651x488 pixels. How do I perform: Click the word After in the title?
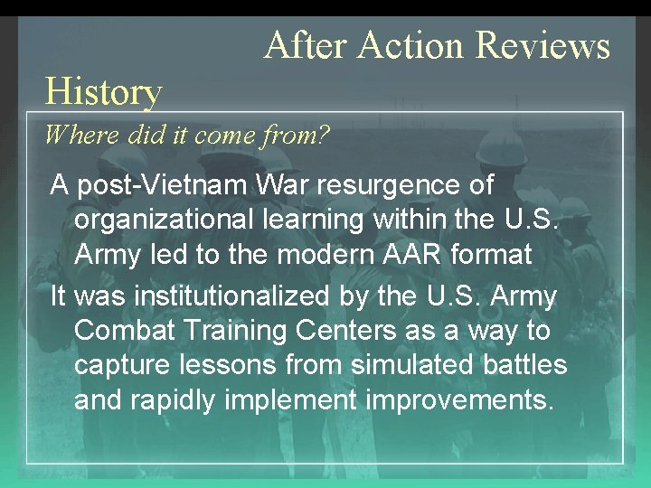(305, 44)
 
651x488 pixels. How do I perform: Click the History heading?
(103, 91)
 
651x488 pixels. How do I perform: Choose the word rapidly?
(180, 399)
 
